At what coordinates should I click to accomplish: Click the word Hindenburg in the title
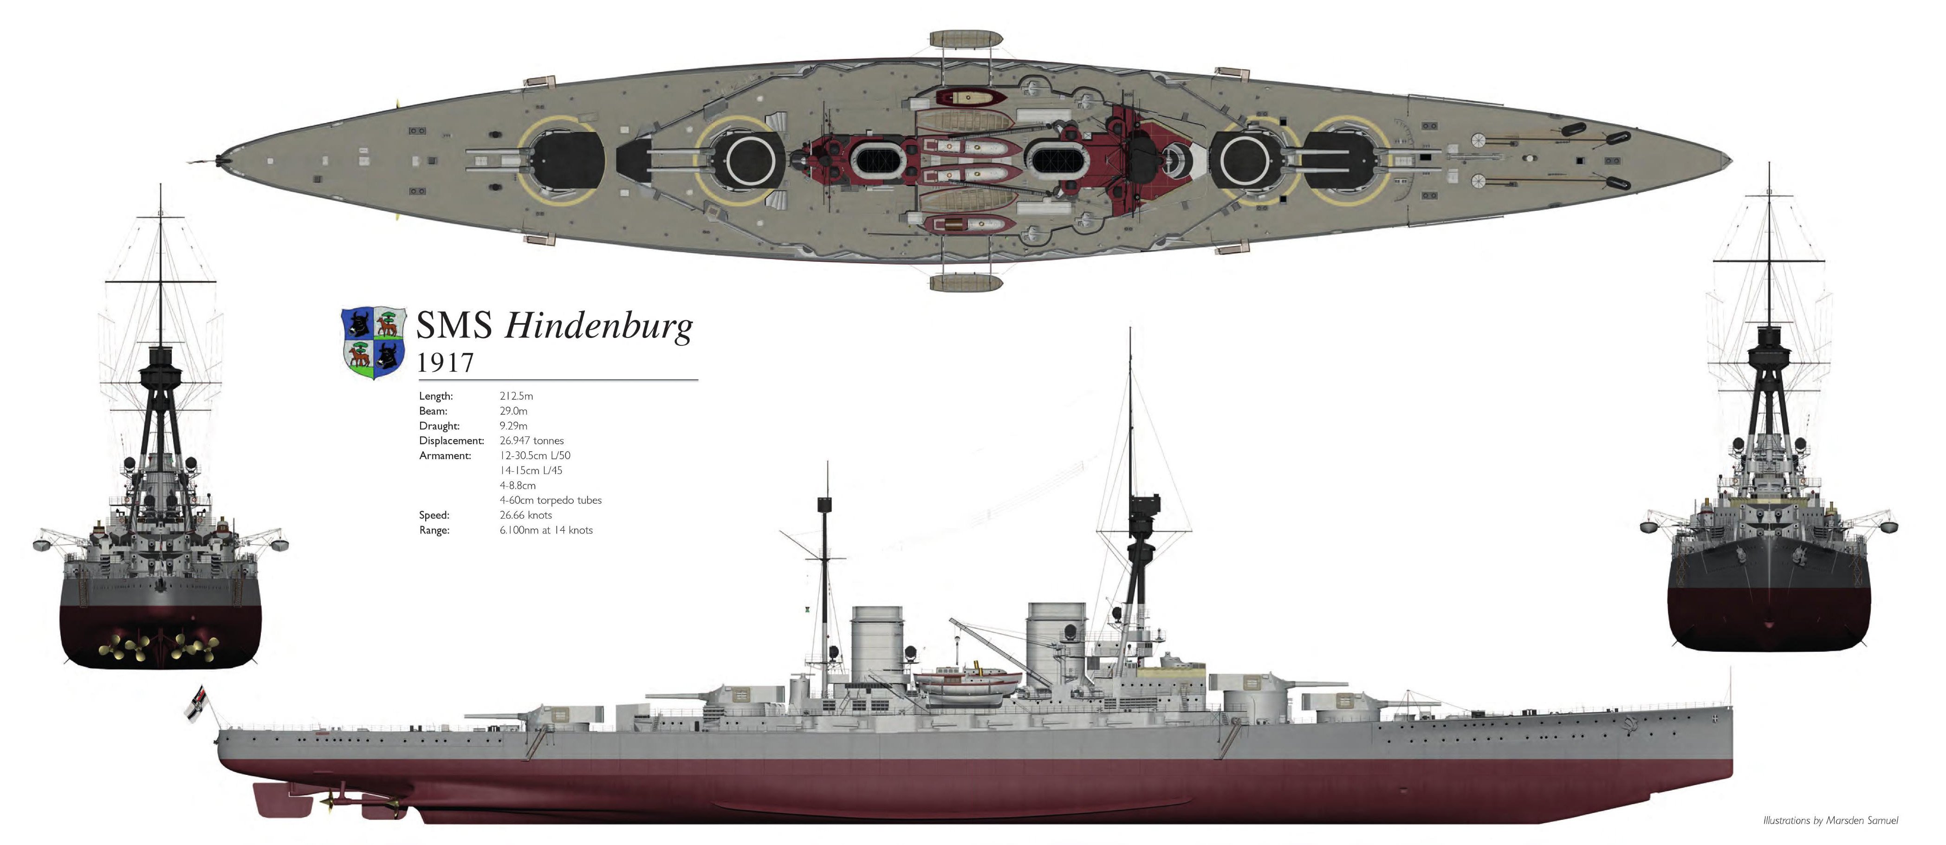598,326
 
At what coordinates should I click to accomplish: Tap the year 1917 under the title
446,363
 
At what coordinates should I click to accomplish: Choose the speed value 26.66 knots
526,515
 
